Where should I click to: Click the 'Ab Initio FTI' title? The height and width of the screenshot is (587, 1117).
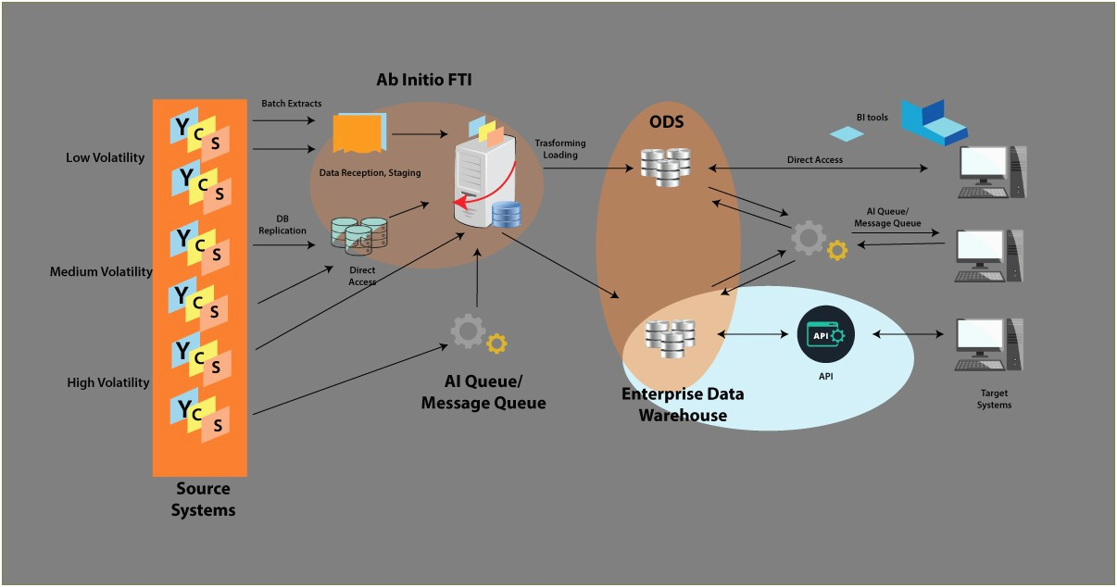pyautogui.click(x=423, y=80)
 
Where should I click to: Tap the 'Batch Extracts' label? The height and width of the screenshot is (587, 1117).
pyautogui.click(x=291, y=104)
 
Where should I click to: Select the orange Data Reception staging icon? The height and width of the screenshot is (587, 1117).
pyautogui.click(x=358, y=133)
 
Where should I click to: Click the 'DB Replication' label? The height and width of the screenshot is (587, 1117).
pyautogui.click(x=282, y=224)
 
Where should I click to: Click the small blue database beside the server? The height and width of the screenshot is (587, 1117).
pyautogui.click(x=507, y=215)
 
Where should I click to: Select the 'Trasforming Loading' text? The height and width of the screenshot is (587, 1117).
pyautogui.click(x=556, y=149)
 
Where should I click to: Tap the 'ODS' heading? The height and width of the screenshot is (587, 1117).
pyautogui.click(x=665, y=121)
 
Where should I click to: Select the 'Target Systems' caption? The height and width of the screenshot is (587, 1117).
pyautogui.click(x=994, y=399)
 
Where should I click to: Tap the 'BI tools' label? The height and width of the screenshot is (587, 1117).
pyautogui.click(x=872, y=118)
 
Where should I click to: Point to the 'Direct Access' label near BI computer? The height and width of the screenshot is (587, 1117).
pyautogui.click(x=814, y=159)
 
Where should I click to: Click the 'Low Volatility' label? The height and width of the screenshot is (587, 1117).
pyautogui.click(x=105, y=157)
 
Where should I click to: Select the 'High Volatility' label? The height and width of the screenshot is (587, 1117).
pyautogui.click(x=107, y=382)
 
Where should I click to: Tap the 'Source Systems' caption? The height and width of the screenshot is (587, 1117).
pyautogui.click(x=203, y=499)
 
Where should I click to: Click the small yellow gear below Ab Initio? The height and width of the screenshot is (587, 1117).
pyautogui.click(x=496, y=343)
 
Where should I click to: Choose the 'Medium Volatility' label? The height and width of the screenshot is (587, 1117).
pyautogui.click(x=101, y=272)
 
